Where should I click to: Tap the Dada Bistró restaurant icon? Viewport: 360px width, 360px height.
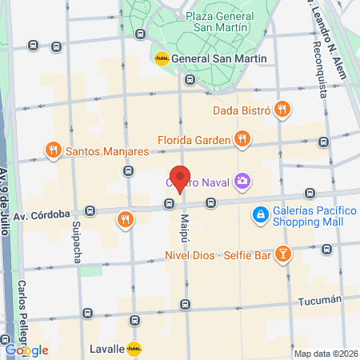point(281,109)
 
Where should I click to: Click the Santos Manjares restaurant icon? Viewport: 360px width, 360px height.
point(53,150)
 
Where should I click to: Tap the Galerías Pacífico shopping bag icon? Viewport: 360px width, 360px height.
point(260,214)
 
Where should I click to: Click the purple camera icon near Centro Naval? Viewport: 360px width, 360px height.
point(242,182)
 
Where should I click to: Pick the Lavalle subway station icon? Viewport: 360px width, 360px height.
point(134,349)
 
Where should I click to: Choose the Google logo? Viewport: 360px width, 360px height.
point(26,350)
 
